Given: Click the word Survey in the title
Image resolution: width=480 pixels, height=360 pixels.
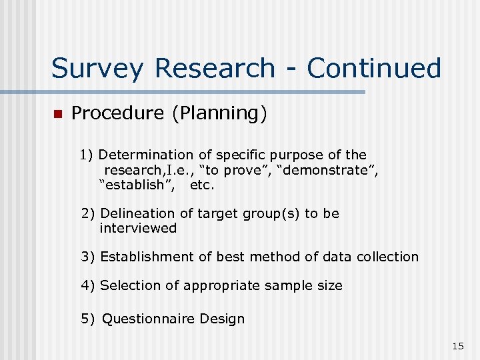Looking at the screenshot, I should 97,69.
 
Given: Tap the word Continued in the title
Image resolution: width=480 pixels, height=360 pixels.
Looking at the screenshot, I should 374,68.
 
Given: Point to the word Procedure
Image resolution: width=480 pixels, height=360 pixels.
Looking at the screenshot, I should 117,113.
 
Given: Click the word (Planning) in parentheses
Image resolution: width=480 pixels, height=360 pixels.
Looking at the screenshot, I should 219,114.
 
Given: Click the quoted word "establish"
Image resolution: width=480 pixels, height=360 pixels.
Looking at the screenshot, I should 138,185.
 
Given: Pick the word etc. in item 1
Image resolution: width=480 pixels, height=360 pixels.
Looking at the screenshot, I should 203,185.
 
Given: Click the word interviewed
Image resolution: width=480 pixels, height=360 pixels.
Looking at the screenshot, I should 138,228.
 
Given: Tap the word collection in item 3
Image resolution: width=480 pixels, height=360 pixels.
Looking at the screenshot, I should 388,257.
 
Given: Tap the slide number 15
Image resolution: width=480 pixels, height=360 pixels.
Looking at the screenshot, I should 457,345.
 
